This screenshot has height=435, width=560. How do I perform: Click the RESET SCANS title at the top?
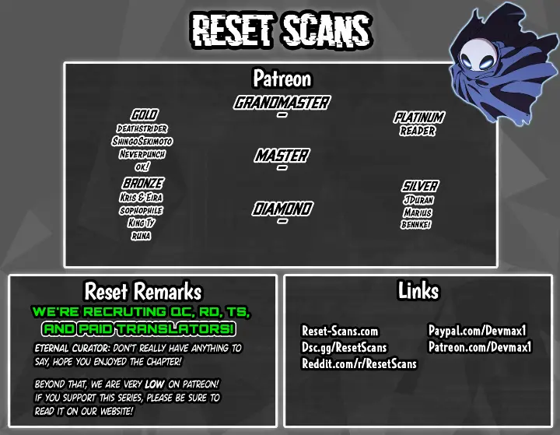[282, 31]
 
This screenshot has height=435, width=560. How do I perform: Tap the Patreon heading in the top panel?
[282, 79]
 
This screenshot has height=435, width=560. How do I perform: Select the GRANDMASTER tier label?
[282, 103]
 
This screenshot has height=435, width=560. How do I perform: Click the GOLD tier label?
[144, 114]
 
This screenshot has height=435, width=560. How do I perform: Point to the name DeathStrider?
[142, 128]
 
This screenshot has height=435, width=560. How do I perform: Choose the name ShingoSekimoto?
[142, 141]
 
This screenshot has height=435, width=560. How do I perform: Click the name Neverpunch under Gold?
[142, 154]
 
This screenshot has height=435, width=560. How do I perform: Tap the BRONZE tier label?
[143, 184]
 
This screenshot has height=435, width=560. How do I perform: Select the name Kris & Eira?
[141, 198]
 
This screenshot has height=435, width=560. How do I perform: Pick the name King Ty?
[141, 223]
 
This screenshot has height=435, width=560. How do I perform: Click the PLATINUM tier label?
[419, 118]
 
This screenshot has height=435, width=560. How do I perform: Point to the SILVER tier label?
[420, 186]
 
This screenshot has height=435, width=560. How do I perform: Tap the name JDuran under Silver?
[418, 200]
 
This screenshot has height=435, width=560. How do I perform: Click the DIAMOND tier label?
[282, 209]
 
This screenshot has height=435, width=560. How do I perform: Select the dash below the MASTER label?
[282, 167]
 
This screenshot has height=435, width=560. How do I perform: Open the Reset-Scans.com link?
[340, 331]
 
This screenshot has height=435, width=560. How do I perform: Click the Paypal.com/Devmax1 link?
[478, 331]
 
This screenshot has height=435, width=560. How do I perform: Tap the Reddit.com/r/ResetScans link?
[359, 363]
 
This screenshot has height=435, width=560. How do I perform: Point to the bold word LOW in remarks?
[154, 384]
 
